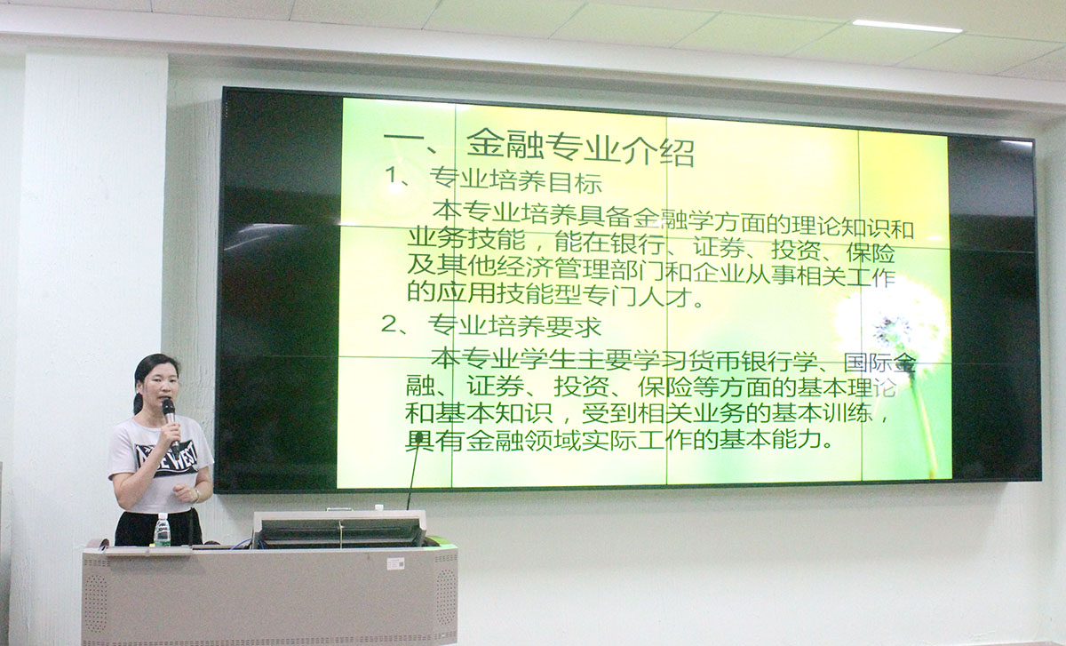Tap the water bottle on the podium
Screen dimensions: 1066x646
click(x=163, y=530)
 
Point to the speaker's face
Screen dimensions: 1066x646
click(x=161, y=386)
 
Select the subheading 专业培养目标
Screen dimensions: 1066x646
click(x=516, y=180)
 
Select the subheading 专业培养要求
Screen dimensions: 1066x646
click(x=514, y=325)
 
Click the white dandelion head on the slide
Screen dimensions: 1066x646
click(x=889, y=323)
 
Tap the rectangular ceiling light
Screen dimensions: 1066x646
click(x=907, y=26)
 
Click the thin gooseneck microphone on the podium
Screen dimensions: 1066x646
click(x=413, y=471)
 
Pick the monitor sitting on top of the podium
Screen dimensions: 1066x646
click(x=339, y=530)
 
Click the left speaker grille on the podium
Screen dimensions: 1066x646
click(x=95, y=603)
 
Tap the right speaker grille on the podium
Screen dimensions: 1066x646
click(x=446, y=597)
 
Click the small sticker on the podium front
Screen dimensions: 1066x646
click(x=395, y=563)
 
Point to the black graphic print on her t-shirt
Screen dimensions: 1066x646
click(x=168, y=458)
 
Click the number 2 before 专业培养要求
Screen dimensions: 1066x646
click(x=389, y=324)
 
